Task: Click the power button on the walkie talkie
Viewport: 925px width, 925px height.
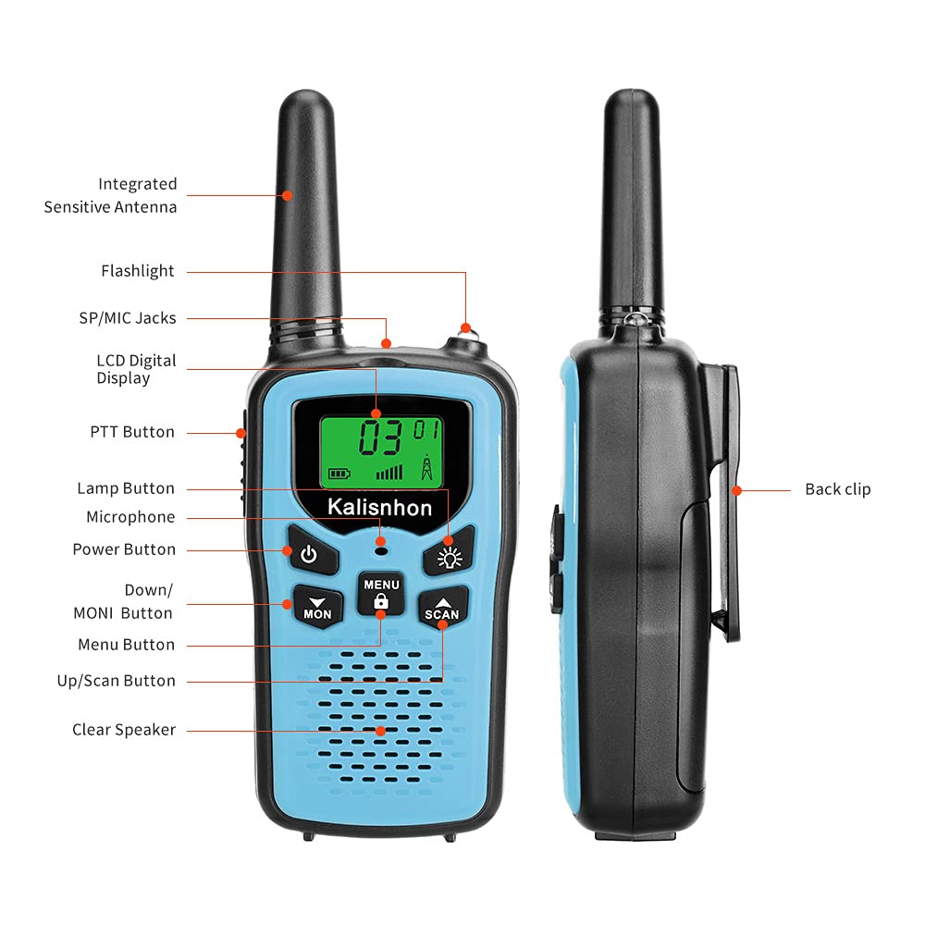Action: (308, 553)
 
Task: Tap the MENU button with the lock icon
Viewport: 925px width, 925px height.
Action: (380, 593)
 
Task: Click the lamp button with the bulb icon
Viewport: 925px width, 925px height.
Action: (450, 555)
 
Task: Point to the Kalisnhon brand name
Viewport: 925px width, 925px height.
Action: (379, 507)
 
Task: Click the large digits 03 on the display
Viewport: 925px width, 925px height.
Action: (380, 438)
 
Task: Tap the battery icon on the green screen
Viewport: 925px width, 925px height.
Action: (339, 474)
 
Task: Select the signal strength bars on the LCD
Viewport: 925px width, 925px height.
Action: (389, 472)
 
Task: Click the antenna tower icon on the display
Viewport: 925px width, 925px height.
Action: (426, 467)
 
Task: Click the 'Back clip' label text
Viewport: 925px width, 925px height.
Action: (837, 489)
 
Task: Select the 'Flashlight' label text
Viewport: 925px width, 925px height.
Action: (138, 271)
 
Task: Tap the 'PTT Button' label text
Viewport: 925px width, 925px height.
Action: (132, 432)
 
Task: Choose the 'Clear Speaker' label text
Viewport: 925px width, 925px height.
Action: (124, 730)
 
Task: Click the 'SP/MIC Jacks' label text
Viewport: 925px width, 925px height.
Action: (128, 318)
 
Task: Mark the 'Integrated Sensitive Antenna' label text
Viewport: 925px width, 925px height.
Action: (111, 195)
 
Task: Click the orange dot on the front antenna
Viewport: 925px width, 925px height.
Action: (288, 195)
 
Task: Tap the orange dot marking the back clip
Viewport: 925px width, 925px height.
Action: (736, 489)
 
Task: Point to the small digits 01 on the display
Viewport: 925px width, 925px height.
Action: (425, 429)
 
